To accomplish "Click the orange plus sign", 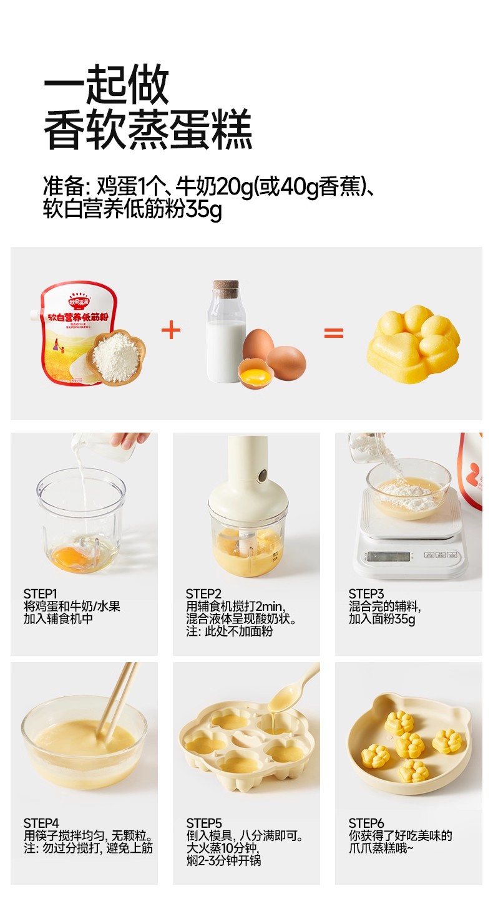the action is [x=171, y=330].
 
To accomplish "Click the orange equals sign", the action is [x=334, y=333].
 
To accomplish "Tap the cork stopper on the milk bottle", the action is [x=226, y=288].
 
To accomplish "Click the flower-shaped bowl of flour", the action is [x=117, y=357].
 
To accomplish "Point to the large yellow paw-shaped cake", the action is [x=413, y=340].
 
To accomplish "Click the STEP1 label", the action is [x=40, y=593].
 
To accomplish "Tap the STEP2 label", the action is [x=203, y=593].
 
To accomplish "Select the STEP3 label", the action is [x=366, y=593].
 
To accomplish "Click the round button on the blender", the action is [x=264, y=473].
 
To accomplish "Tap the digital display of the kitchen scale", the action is [x=388, y=556].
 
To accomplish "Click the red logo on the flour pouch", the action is [x=81, y=300].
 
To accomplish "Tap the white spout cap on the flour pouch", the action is [x=36, y=314].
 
